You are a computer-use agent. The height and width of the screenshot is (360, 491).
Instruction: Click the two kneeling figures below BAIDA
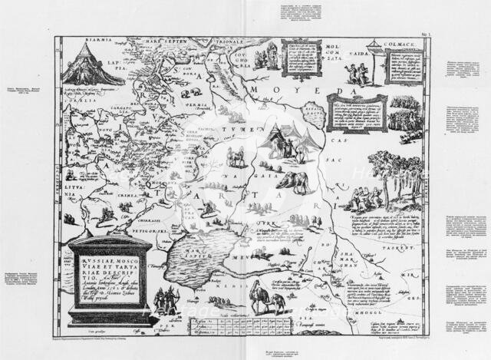click(355, 73)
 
